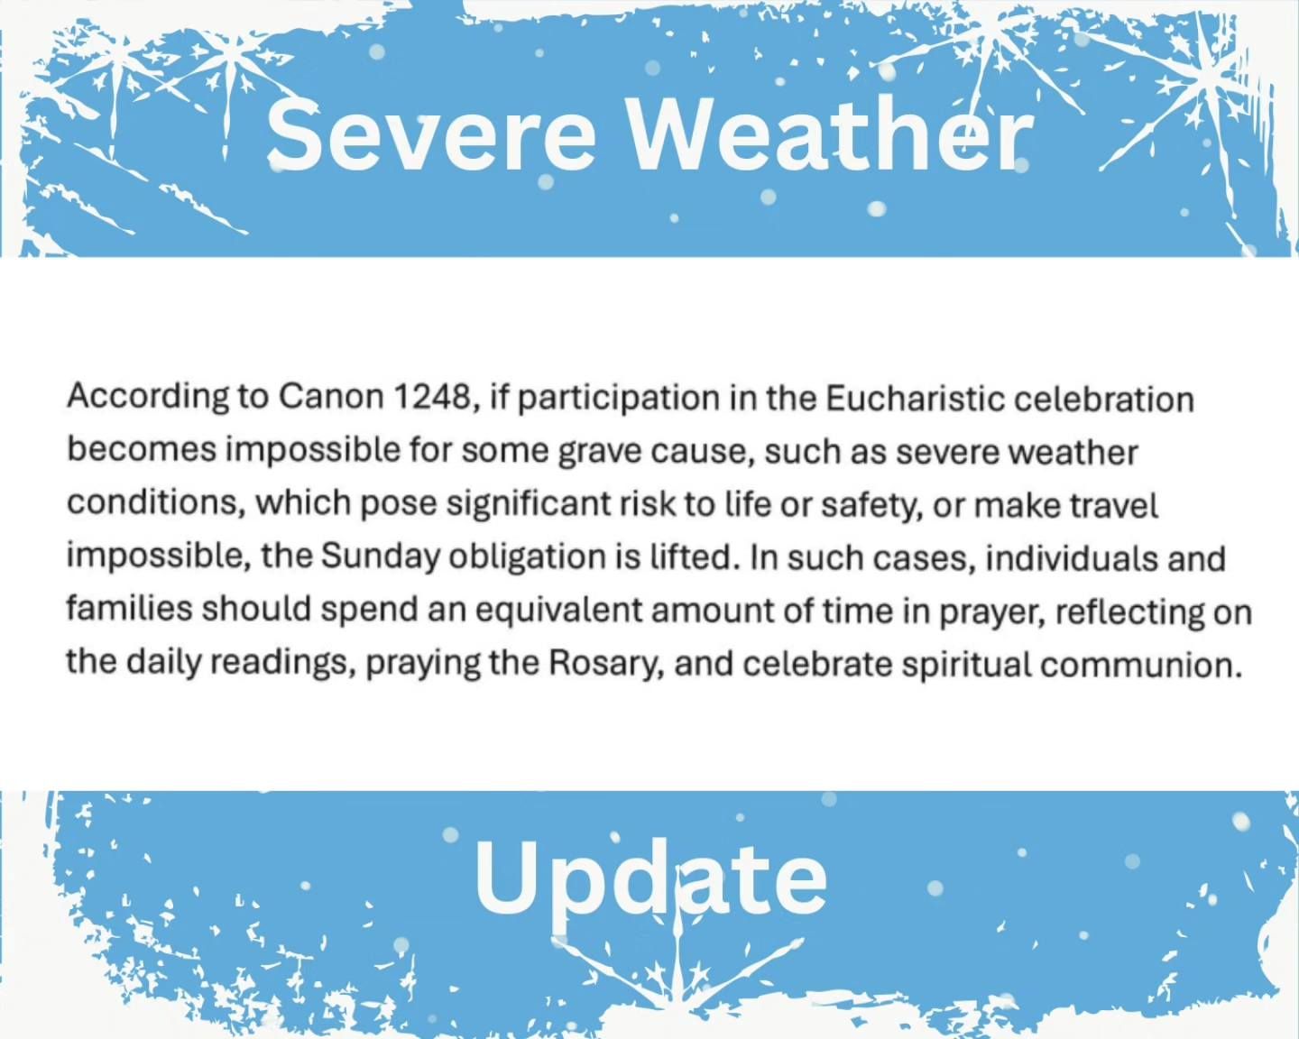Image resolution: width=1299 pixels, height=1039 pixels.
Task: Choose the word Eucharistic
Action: [914, 399]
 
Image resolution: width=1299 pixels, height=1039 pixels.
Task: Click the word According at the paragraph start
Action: [148, 399]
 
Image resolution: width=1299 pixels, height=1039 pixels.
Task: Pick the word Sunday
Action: [381, 558]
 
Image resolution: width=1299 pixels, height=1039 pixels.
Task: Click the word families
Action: [129, 609]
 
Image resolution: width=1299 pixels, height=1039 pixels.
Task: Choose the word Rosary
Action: [606, 664]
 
